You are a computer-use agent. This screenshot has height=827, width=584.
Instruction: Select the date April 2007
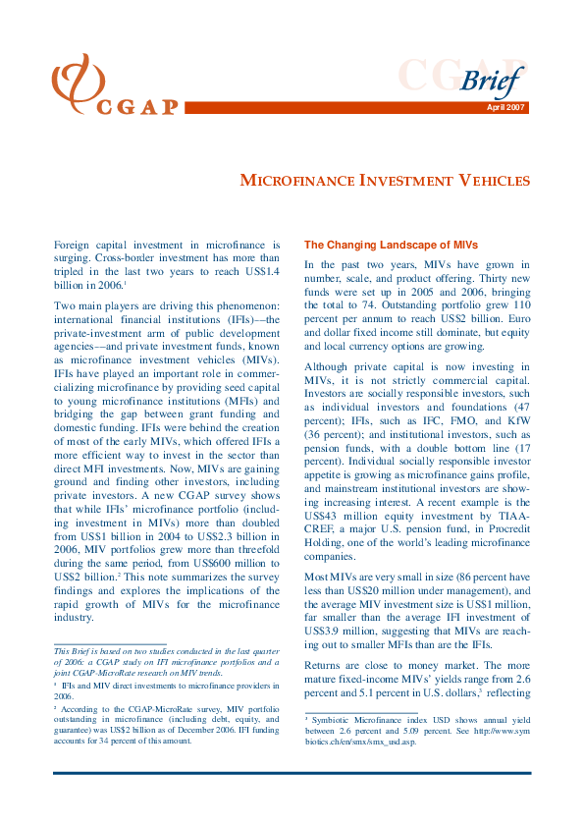tap(507, 107)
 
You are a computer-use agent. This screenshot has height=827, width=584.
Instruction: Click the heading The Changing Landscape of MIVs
tap(377, 245)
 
